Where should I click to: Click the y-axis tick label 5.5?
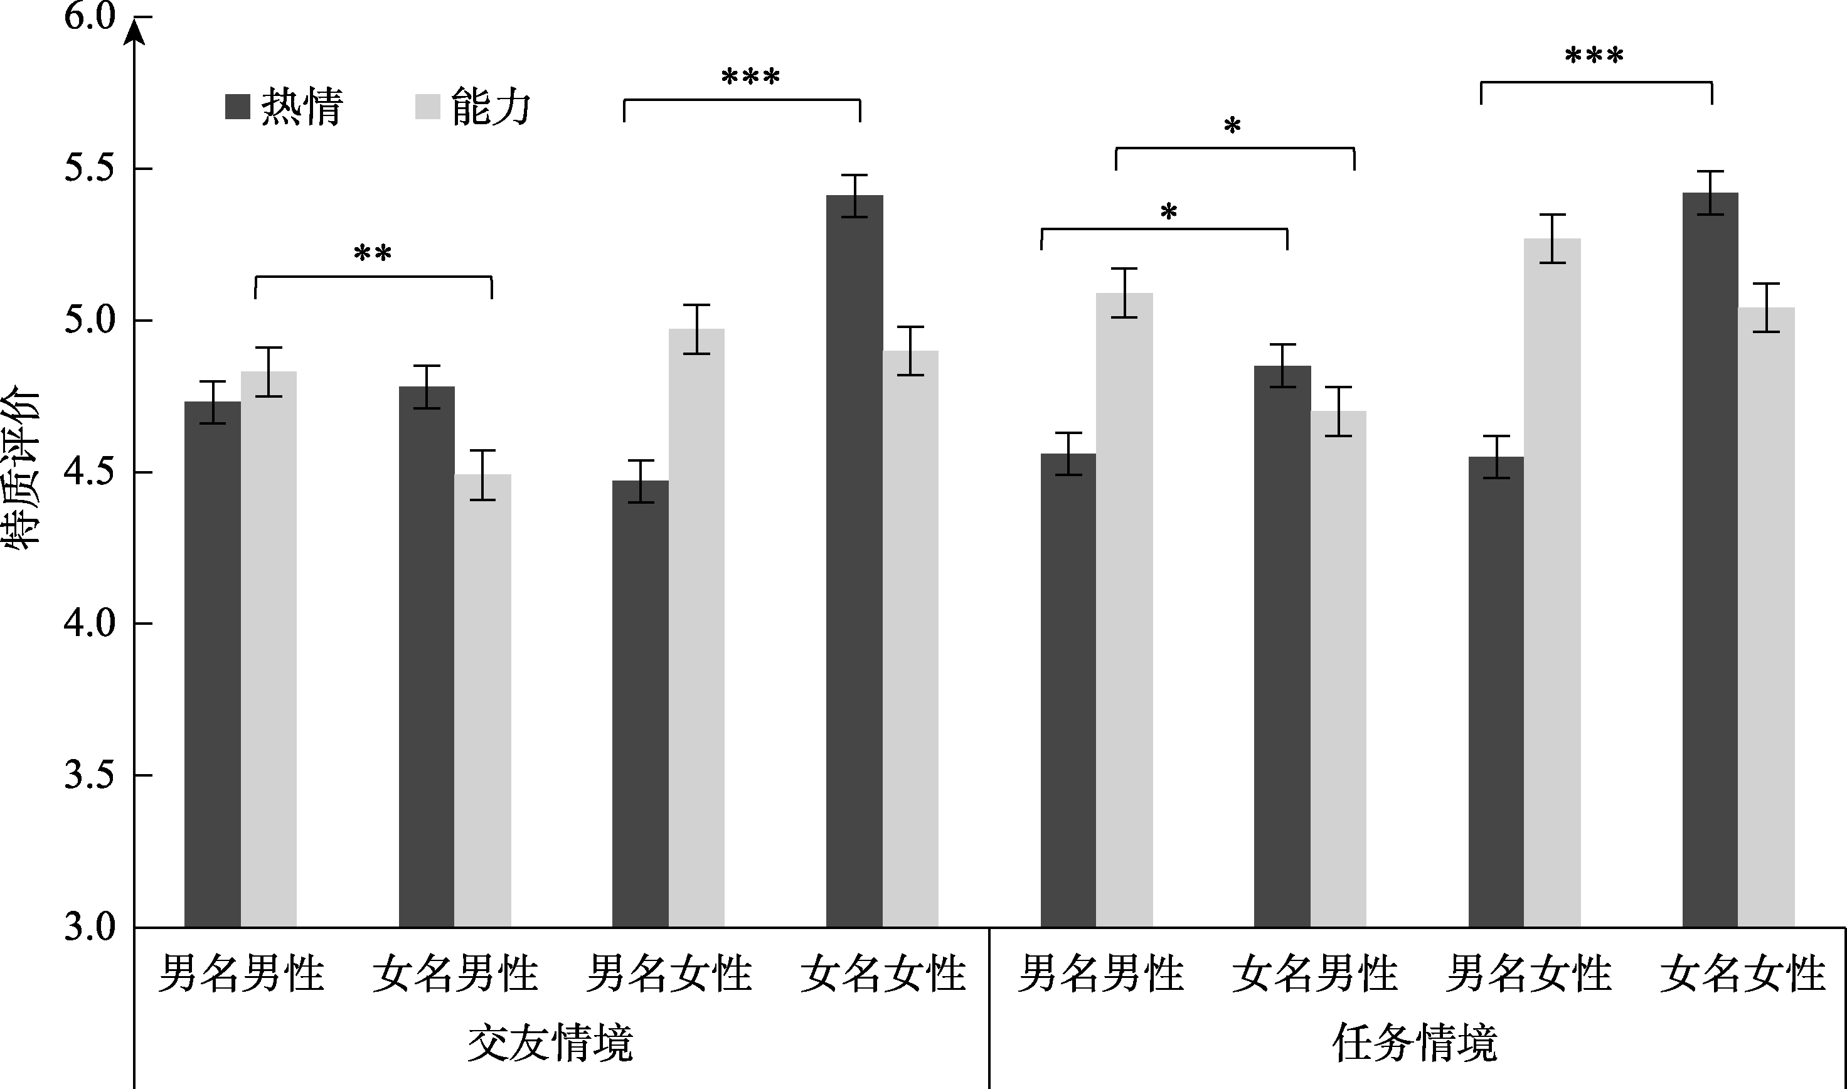coord(90,169)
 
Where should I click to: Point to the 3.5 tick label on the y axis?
coord(90,775)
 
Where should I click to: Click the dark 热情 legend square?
coord(238,107)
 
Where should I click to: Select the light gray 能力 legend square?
coord(427,107)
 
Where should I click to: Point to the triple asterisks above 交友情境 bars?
coord(751,77)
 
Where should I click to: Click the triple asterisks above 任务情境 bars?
coord(1594,56)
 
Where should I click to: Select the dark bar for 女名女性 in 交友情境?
coord(854,561)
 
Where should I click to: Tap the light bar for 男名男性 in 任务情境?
coord(1124,610)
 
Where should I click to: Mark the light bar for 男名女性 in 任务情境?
coord(1552,583)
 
